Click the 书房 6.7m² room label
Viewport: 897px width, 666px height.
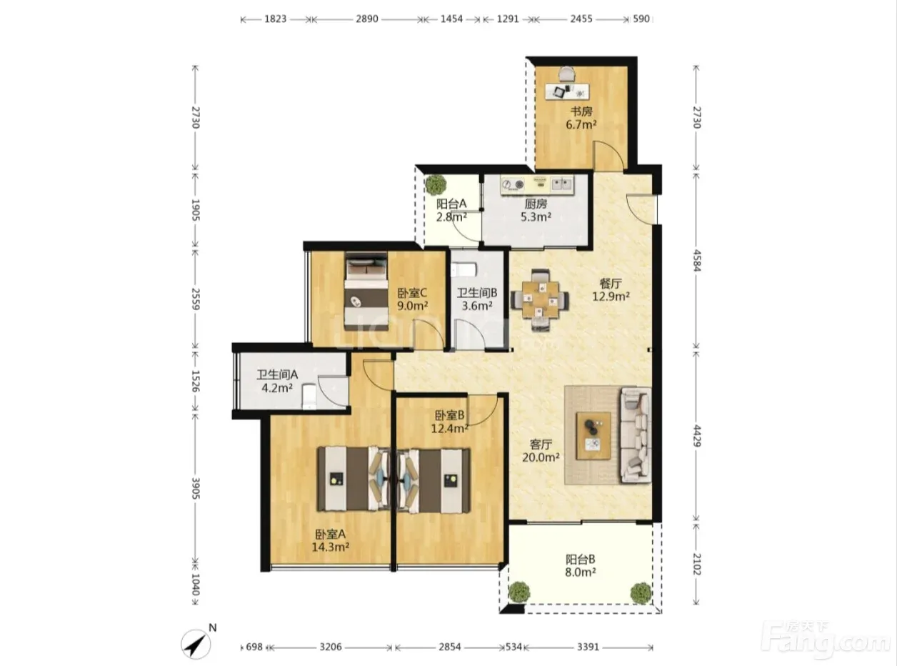581,118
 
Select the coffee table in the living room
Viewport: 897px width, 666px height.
593,436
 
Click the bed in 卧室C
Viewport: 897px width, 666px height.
366,291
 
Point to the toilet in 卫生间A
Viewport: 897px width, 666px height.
309,396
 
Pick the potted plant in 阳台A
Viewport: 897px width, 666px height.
436,184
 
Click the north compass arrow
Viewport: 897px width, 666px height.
196,644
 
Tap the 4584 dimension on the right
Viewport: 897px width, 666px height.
696,260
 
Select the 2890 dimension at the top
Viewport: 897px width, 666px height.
367,19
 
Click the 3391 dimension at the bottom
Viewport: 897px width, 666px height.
588,647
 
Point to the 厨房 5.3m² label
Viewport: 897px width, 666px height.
536,210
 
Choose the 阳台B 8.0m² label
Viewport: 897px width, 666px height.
581,566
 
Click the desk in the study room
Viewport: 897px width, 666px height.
567,91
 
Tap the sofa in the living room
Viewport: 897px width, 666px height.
636,435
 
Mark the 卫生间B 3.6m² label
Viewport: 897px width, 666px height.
477,299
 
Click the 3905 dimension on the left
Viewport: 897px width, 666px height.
196,488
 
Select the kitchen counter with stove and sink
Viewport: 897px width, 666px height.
537,184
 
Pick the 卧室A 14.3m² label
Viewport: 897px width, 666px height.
331,540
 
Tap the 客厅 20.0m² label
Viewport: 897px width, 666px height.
541,451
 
